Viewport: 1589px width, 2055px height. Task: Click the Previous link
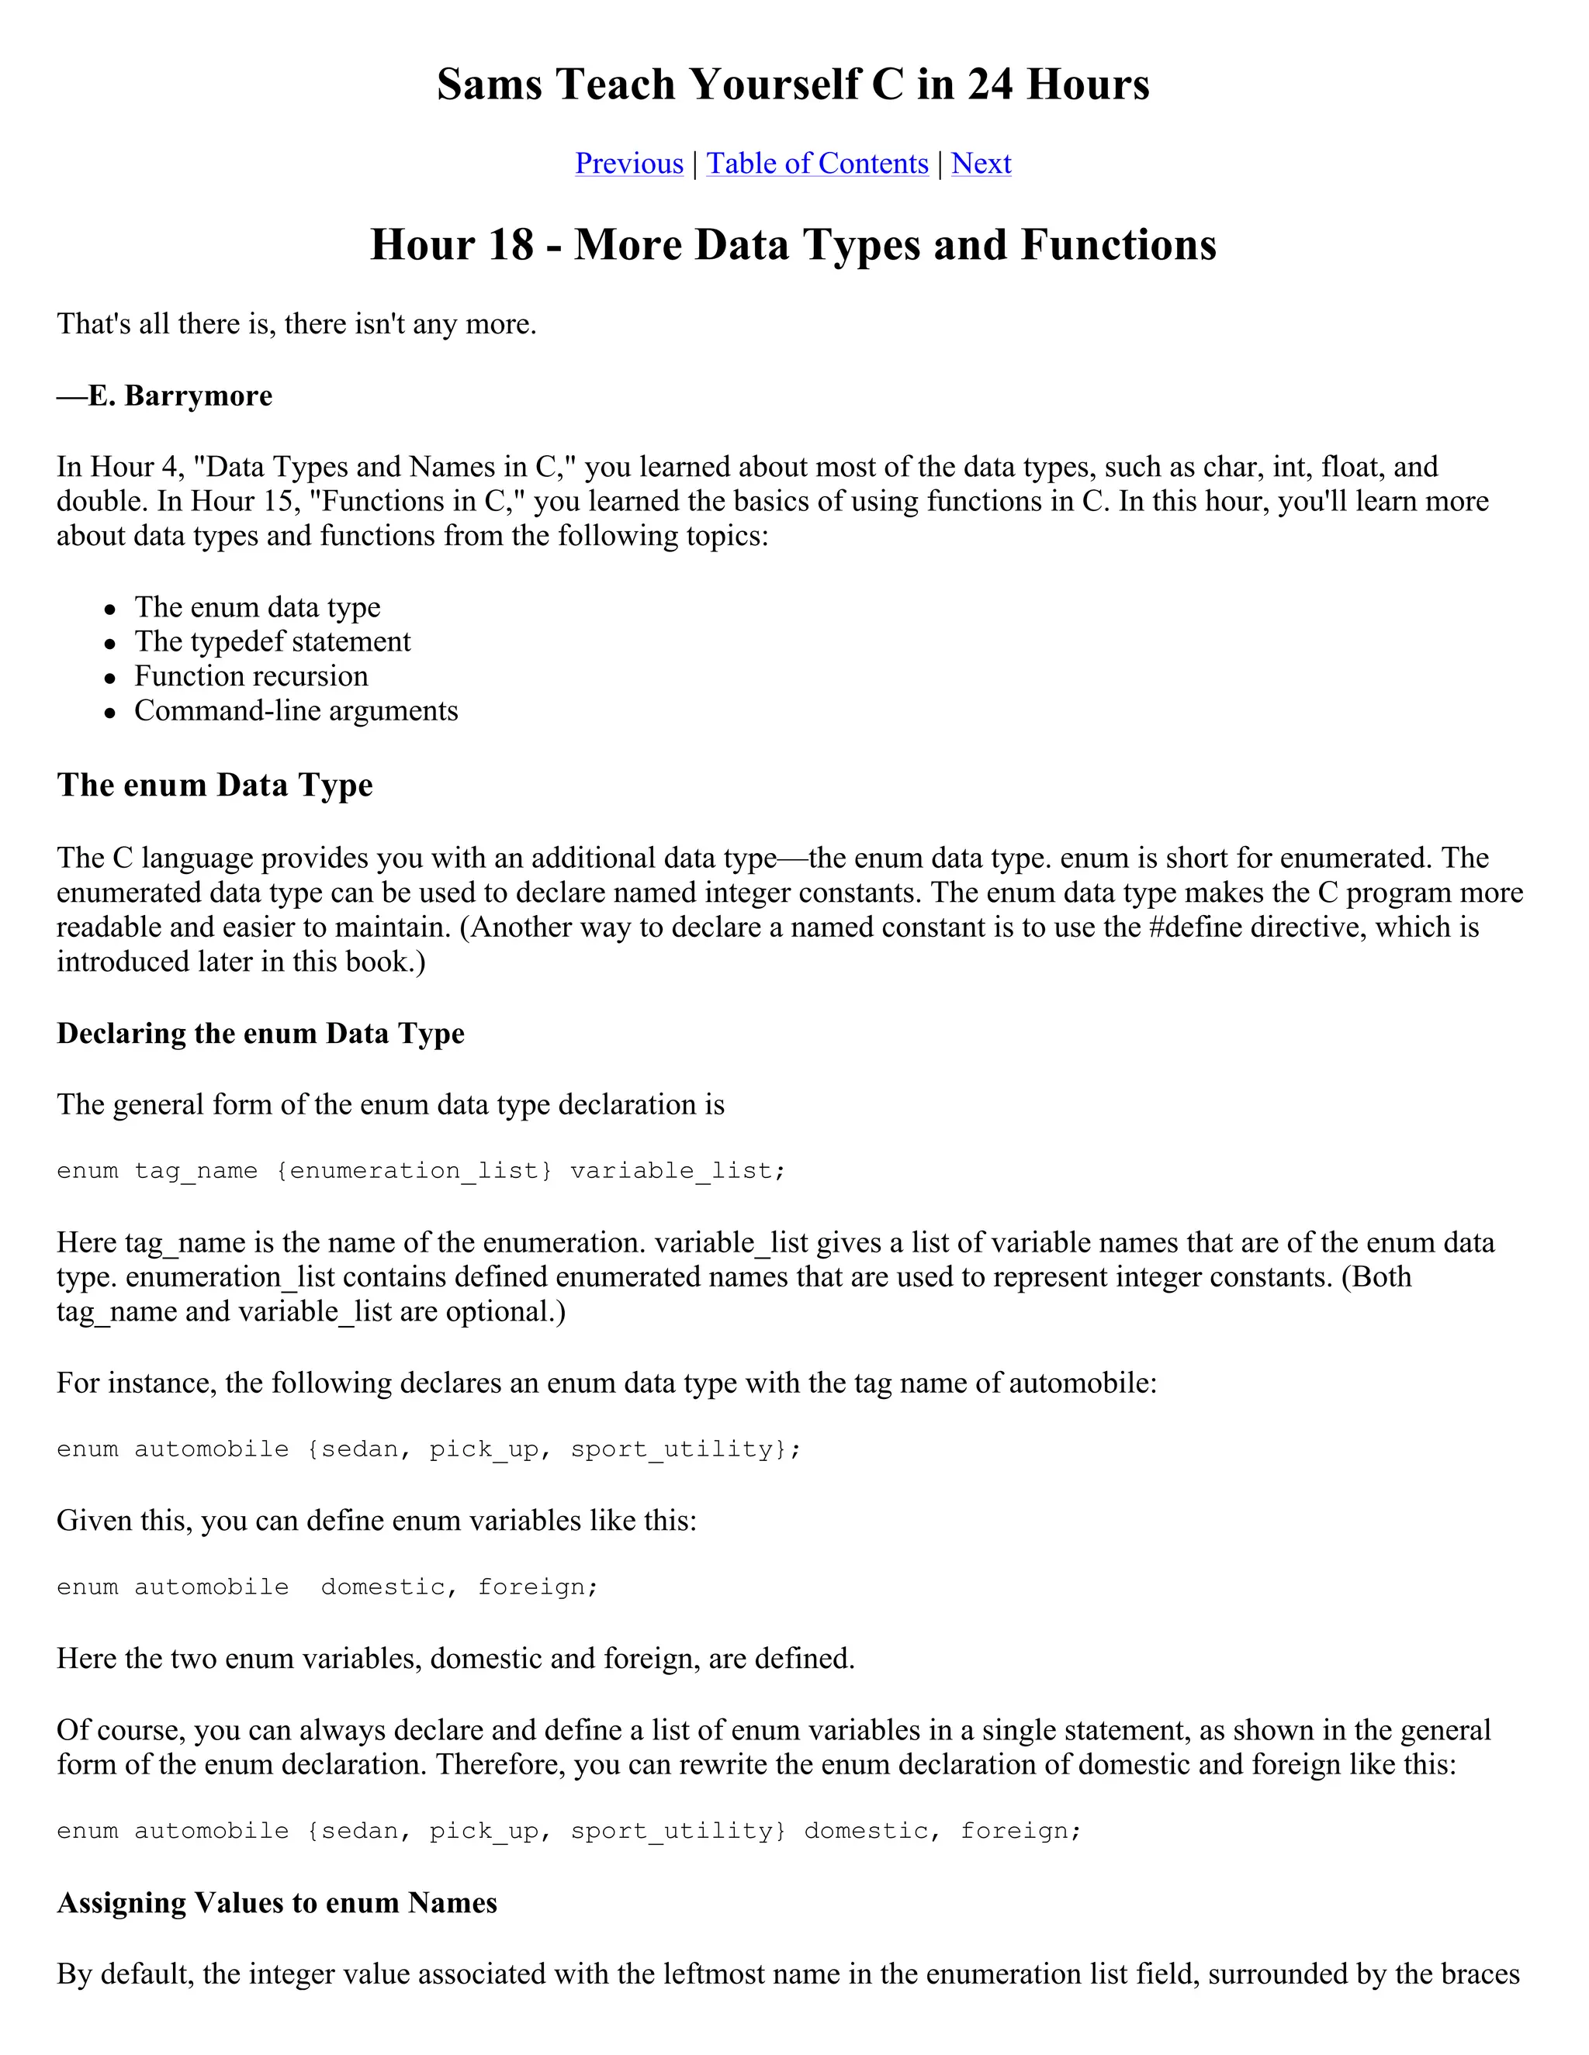tap(628, 164)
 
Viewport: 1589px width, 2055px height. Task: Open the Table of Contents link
tap(817, 164)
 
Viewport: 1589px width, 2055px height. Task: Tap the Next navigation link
tap(981, 164)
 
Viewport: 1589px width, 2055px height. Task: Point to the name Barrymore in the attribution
tap(199, 395)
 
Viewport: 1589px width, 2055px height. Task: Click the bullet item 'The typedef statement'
tap(272, 642)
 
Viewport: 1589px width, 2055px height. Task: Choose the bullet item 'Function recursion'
tap(251, 676)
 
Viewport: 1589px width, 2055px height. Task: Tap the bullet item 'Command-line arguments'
tap(296, 710)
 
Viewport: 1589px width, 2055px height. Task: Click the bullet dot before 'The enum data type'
tap(111, 610)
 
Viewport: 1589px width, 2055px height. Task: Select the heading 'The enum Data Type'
tap(215, 785)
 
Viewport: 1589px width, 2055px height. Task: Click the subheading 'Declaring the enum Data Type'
tap(261, 1033)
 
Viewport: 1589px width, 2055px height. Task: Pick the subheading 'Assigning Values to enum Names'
tap(277, 1902)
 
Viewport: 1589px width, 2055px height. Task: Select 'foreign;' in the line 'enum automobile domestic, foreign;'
tap(538, 1587)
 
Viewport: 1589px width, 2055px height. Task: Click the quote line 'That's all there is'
tap(296, 323)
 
